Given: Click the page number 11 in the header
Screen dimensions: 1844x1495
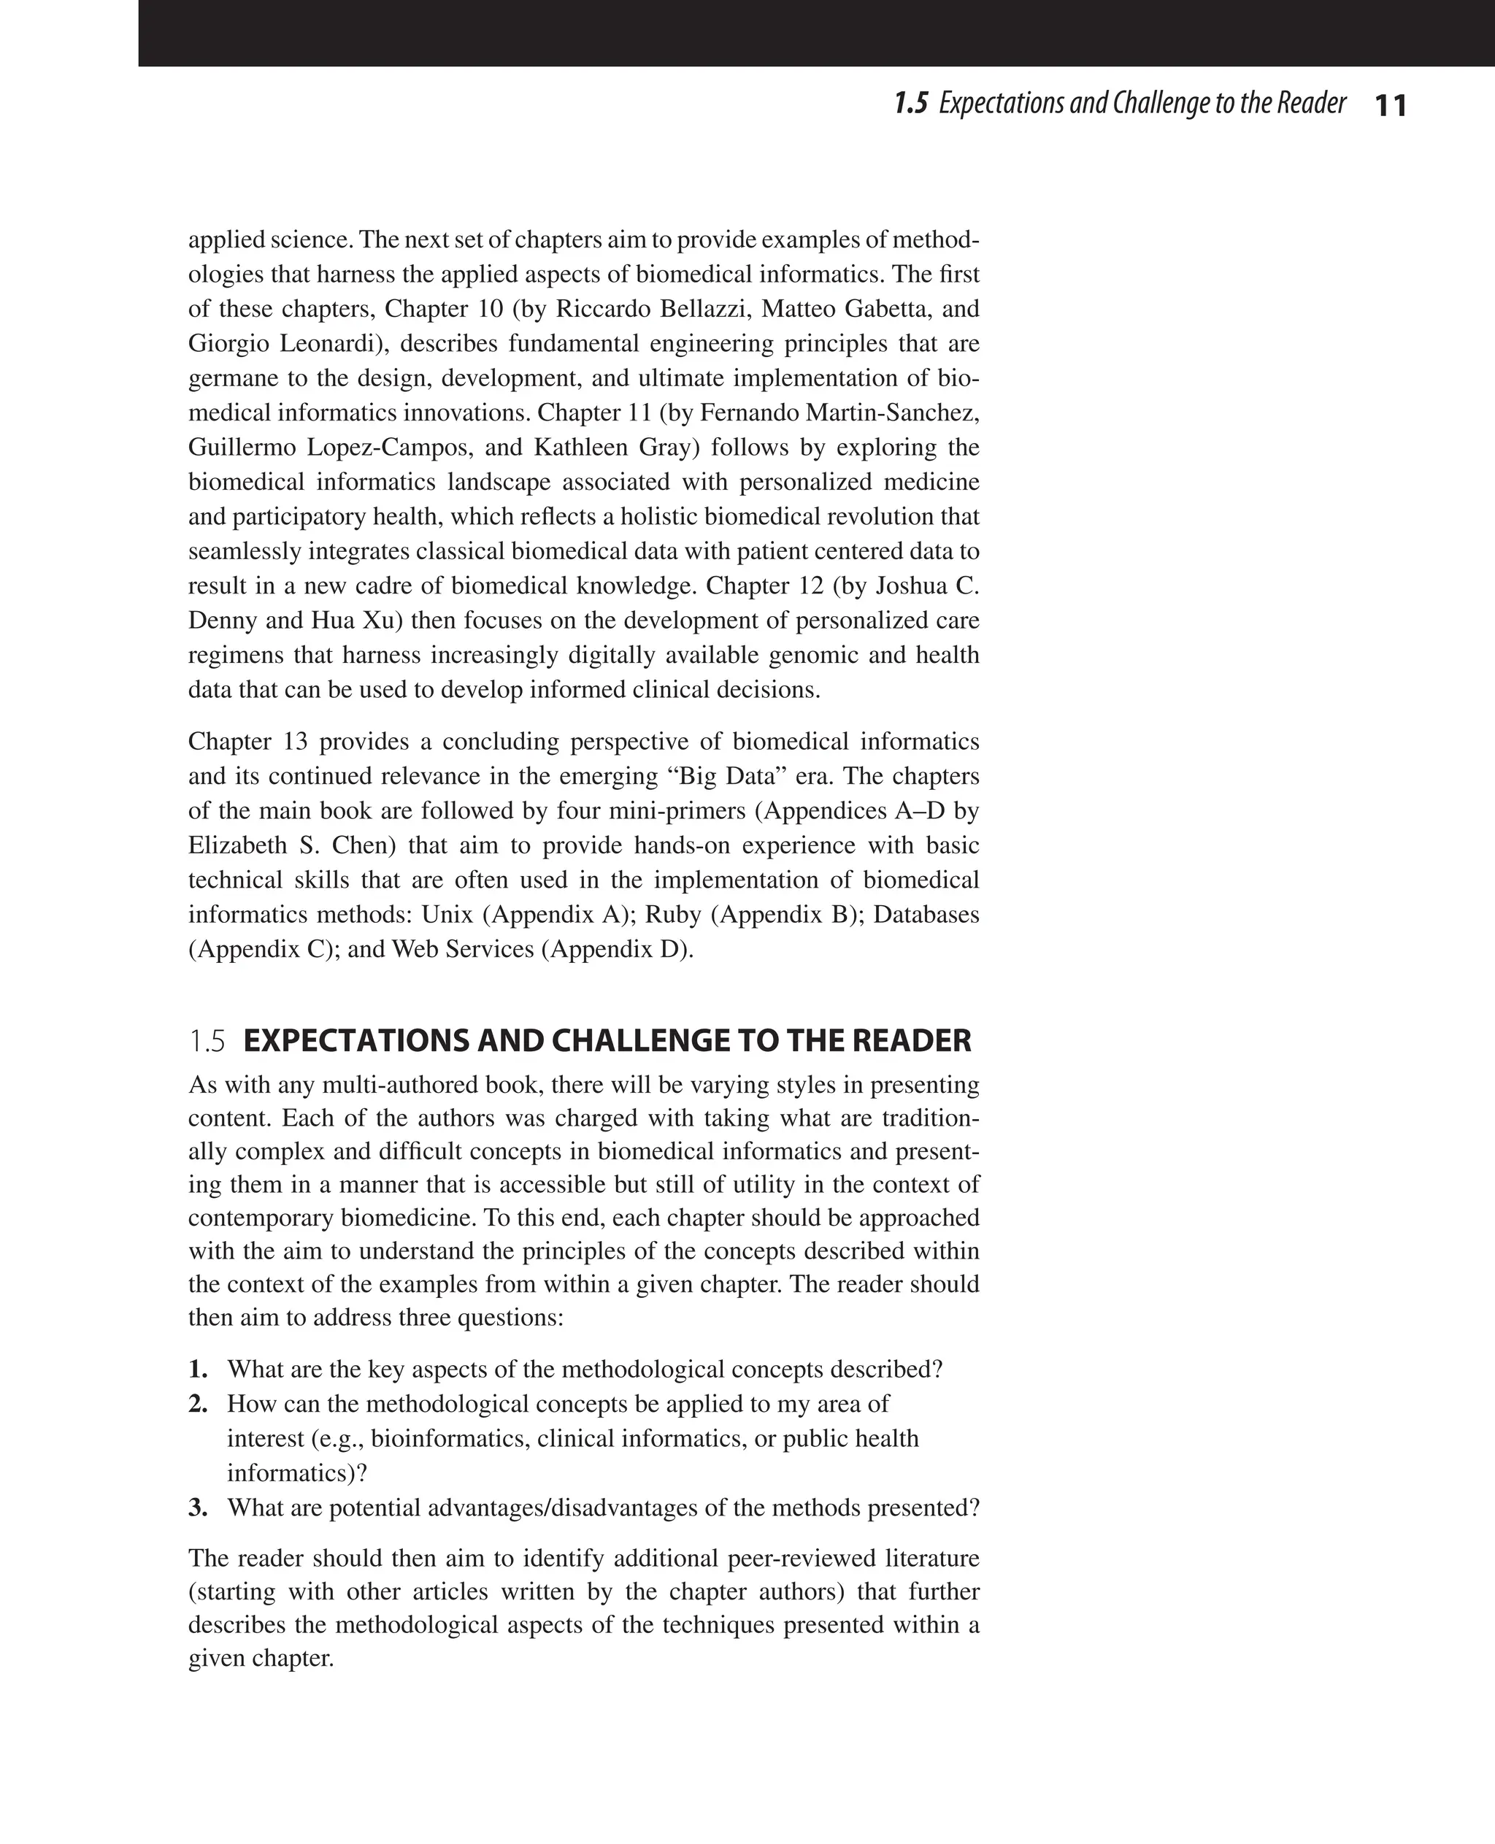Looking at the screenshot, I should point(1390,106).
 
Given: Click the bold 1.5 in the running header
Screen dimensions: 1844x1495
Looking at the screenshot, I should point(911,104).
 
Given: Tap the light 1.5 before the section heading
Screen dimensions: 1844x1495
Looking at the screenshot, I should point(207,1041).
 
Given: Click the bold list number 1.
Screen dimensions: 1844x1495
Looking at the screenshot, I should point(198,1369).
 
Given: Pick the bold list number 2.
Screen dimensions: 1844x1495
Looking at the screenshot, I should point(198,1404).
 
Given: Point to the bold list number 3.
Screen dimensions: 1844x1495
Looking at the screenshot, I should point(198,1508).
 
